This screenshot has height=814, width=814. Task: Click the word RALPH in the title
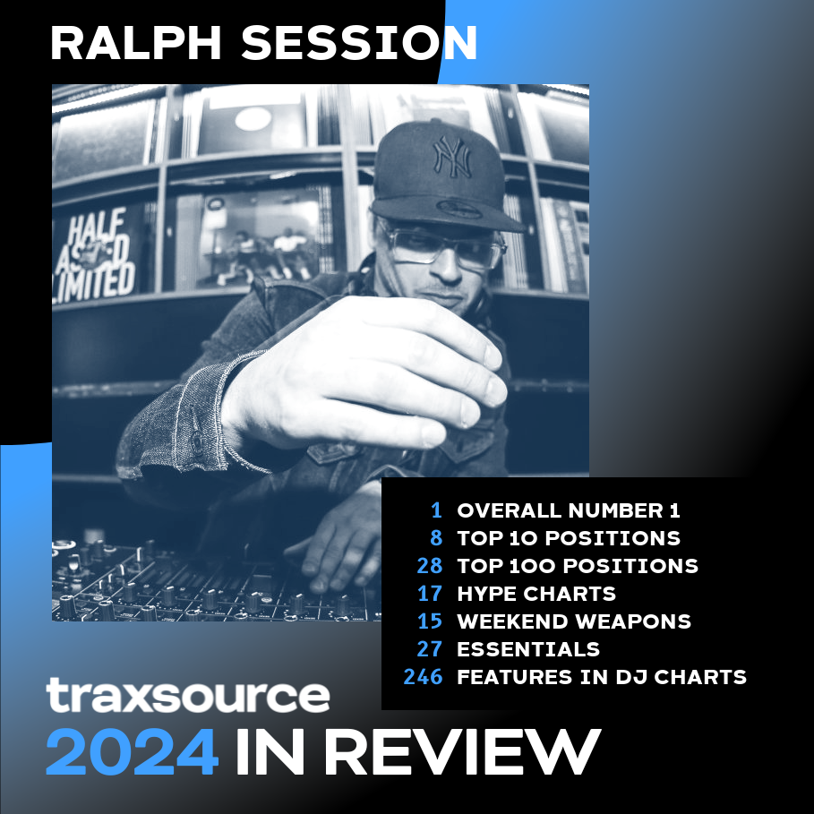pos(136,44)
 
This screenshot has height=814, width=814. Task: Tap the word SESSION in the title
pos(359,44)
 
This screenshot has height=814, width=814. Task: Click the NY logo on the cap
pos(452,156)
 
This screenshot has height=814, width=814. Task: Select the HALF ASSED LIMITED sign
pos(95,255)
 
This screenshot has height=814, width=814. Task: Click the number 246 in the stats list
pos(423,677)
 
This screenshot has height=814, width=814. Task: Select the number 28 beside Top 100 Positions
pos(430,566)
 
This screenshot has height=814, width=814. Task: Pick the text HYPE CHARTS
pos(536,594)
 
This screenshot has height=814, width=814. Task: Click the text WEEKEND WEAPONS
pos(574,621)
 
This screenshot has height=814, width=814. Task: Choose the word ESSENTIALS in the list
pos(528,649)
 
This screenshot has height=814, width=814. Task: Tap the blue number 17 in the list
pos(430,594)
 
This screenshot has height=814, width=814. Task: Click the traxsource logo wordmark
pos(188,695)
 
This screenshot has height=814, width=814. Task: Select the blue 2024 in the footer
pos(132,752)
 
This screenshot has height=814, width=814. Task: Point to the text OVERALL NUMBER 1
pos(569,510)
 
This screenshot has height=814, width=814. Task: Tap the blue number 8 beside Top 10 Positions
pos(437,538)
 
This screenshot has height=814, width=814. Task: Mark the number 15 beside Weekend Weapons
pos(430,621)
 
